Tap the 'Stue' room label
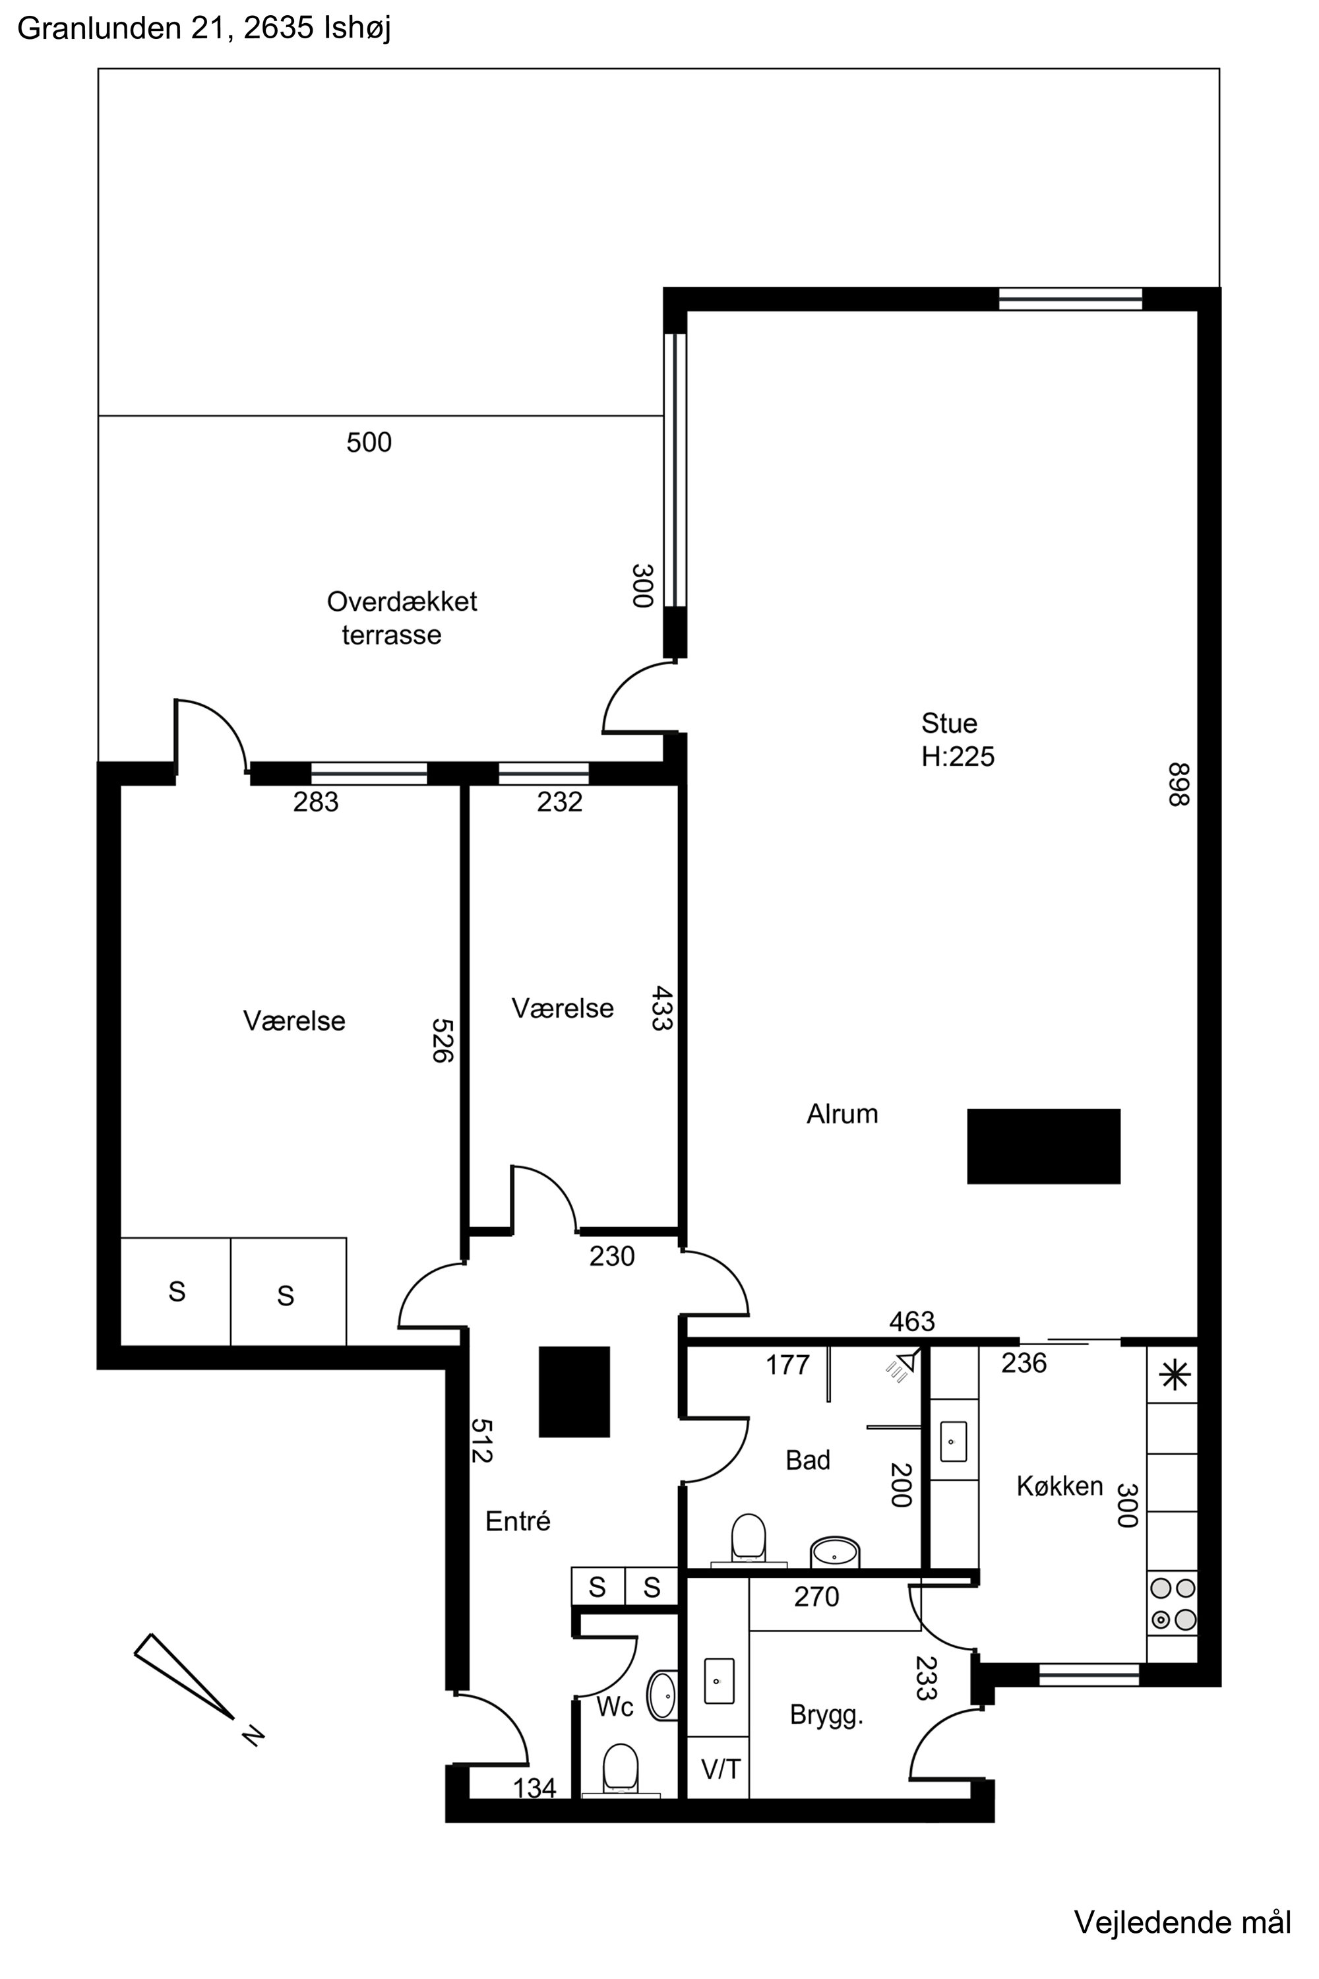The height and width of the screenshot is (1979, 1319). click(x=949, y=724)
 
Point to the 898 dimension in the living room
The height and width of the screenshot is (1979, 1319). click(x=1179, y=784)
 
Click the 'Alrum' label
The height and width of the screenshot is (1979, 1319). click(x=842, y=1114)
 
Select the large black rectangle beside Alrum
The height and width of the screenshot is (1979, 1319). click(x=1043, y=1146)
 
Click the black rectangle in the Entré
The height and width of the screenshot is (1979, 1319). click(x=574, y=1392)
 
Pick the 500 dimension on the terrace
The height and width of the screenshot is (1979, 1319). click(x=369, y=443)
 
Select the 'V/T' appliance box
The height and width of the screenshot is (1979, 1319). click(x=720, y=1769)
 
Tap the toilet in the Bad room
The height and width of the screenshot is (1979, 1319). click(x=749, y=1539)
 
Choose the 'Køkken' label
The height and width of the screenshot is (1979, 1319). click(x=1060, y=1487)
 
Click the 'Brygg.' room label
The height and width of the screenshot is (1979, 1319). click(x=827, y=1716)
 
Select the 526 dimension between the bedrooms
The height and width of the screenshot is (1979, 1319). click(x=443, y=1041)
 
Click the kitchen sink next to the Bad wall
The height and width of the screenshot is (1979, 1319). click(x=952, y=1441)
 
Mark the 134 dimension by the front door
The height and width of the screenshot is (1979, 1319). click(x=535, y=1787)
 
